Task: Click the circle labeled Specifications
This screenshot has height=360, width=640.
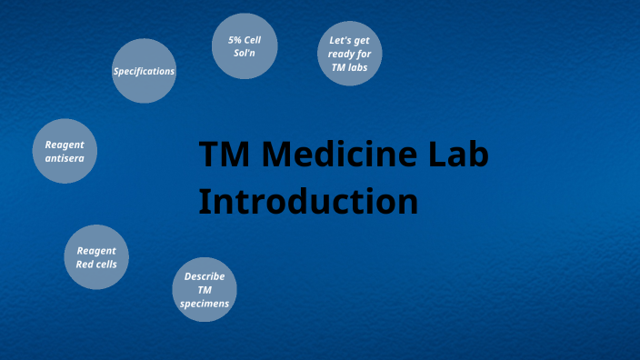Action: (x=144, y=71)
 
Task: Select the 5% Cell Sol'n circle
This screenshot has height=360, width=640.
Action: (x=244, y=45)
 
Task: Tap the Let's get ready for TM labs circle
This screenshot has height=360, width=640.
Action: (x=350, y=54)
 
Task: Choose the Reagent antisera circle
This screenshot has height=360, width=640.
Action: (x=65, y=151)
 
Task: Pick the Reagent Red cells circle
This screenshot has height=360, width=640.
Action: (x=96, y=257)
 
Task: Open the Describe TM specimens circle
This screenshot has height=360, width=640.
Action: (x=205, y=290)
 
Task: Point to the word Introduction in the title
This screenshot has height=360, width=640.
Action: (x=308, y=201)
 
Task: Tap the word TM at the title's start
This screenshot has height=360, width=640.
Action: (x=224, y=155)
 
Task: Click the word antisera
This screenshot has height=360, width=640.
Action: (x=65, y=158)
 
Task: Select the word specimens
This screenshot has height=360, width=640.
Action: (x=205, y=304)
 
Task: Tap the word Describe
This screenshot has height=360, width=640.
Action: (x=205, y=276)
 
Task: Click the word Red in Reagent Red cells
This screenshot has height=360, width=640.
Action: (x=85, y=265)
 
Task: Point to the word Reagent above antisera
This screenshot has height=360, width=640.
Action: (x=65, y=145)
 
